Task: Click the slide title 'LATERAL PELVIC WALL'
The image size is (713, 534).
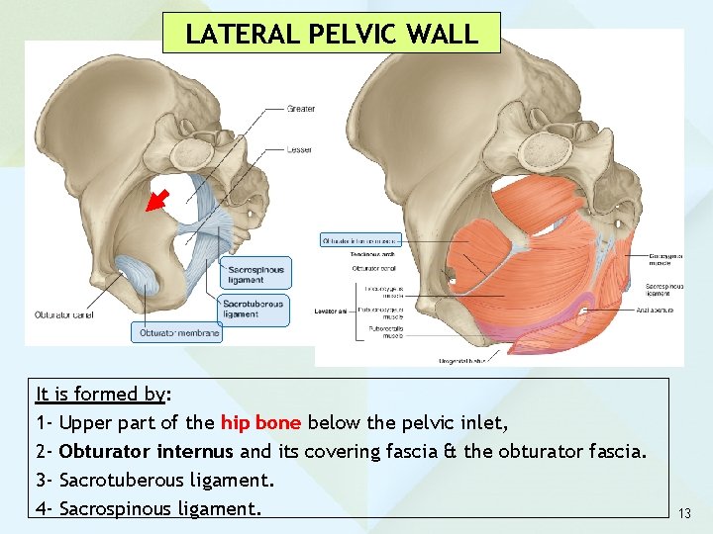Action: point(332,33)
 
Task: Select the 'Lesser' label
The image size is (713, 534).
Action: point(300,149)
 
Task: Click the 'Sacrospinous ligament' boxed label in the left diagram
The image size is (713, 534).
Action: point(255,274)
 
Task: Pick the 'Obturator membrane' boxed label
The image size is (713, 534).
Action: point(176,333)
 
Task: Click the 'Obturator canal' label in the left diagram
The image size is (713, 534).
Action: point(63,314)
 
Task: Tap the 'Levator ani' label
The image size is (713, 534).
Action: point(331,311)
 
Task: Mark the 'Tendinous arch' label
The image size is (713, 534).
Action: point(372,254)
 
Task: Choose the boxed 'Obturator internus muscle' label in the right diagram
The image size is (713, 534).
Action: point(359,240)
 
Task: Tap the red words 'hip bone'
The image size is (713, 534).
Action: point(260,423)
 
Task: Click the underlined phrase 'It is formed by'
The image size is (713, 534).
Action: point(100,395)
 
